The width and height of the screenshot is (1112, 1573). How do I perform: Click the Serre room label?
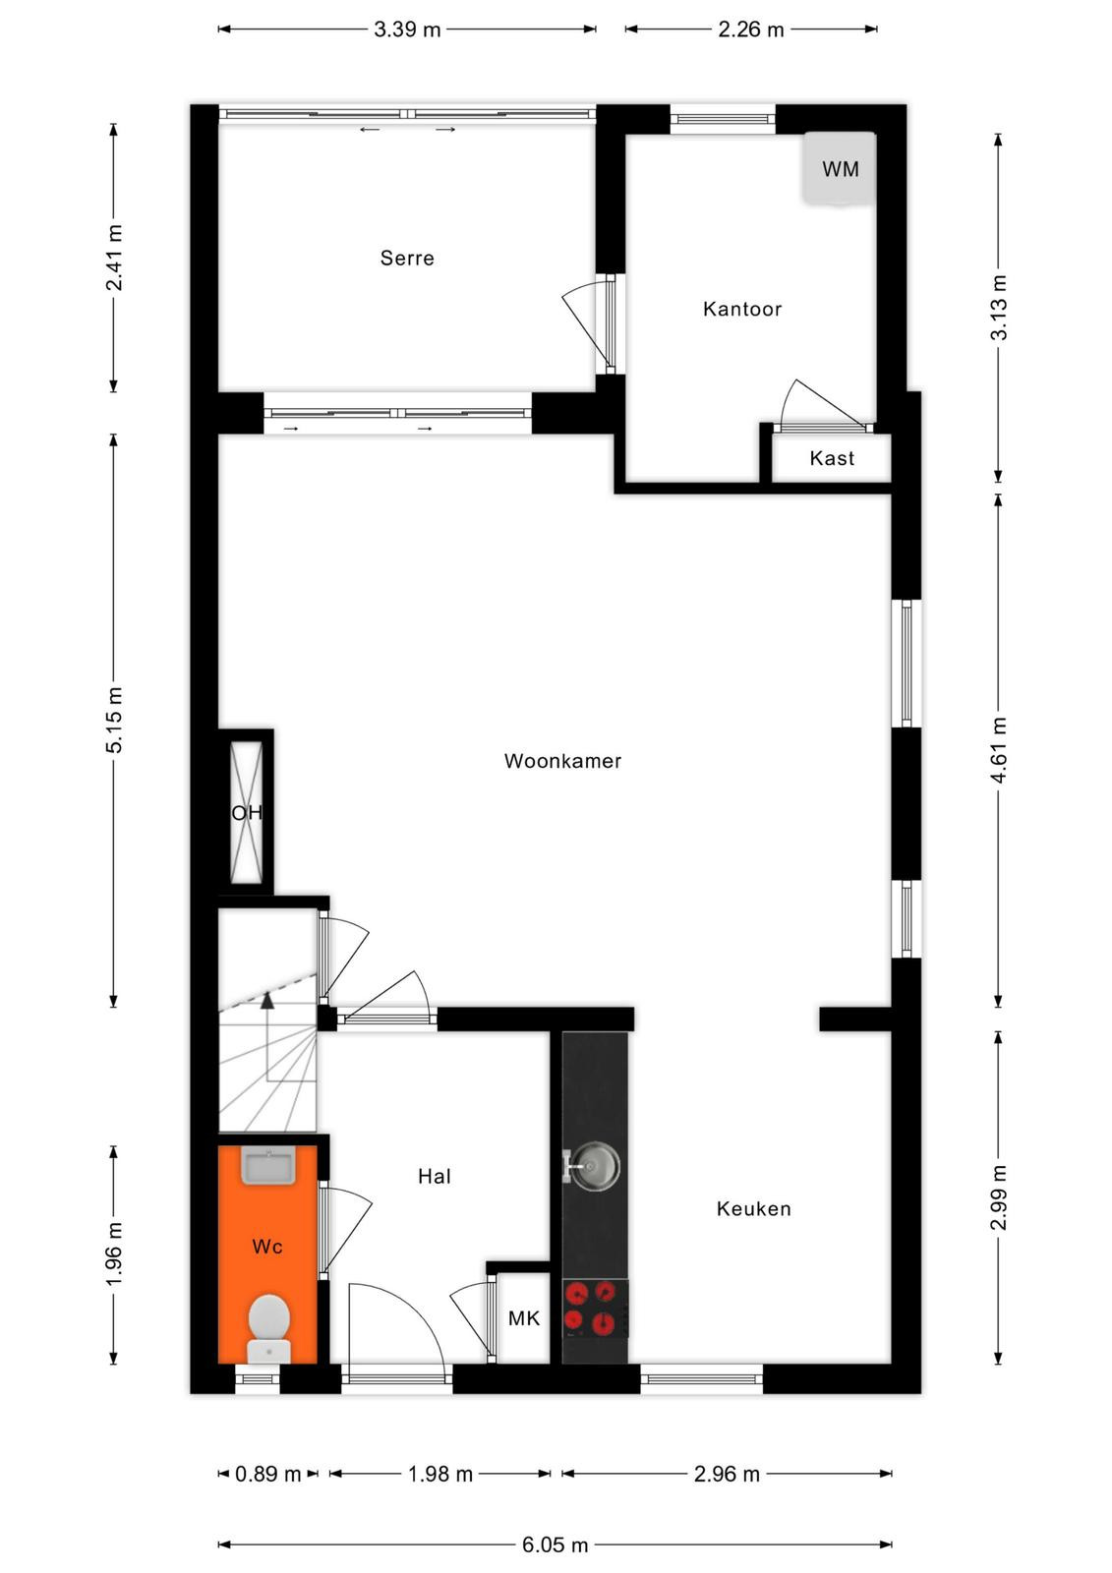pos(407,258)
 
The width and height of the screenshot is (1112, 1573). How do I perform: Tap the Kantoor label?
pos(741,309)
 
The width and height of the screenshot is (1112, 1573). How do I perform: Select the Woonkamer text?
pos(562,761)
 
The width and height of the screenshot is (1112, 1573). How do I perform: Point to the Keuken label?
pos(753,1208)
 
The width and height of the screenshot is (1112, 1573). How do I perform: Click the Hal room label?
pos(435,1176)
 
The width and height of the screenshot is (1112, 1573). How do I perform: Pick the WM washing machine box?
pos(840,168)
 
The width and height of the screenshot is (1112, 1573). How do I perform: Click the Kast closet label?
pos(832,458)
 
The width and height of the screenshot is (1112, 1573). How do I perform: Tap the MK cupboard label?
pos(524,1318)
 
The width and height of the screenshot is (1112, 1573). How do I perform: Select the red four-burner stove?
pos(595,1309)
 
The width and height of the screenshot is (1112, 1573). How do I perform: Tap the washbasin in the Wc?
pos(268,1166)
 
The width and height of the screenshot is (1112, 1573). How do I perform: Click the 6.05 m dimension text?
pos(555,1544)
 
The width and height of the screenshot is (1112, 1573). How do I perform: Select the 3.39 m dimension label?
pos(407,29)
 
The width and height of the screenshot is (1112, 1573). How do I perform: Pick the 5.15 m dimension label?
pos(114,720)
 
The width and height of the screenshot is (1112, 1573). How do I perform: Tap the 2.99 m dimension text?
pos(998,1197)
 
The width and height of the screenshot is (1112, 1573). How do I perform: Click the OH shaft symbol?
pos(247,812)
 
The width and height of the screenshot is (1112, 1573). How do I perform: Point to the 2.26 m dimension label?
pos(750,29)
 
